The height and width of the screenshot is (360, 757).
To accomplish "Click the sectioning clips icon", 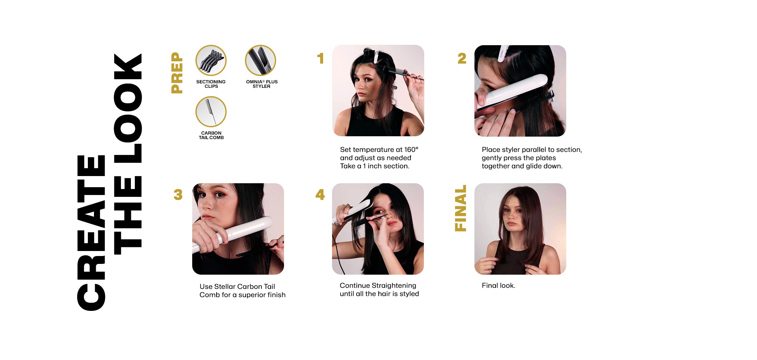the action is (211, 60).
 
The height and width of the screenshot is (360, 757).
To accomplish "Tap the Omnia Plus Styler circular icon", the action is (260, 60).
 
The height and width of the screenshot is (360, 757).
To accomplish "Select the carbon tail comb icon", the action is (211, 112).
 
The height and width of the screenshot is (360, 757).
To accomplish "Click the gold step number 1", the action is (321, 58).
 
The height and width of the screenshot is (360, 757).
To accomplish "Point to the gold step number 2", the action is (462, 58).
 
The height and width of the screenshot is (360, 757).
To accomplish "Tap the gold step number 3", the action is (178, 195).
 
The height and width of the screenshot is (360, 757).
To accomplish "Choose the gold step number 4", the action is (320, 195).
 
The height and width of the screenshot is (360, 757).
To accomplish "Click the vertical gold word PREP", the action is (177, 73).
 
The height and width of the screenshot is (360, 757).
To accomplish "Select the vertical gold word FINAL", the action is (460, 208).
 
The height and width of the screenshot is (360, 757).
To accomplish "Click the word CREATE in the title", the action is (91, 233).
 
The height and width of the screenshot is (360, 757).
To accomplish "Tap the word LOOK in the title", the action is (128, 109).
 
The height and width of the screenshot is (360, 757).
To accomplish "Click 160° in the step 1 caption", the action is (411, 150).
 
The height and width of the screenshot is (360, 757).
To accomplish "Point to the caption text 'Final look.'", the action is (498, 285).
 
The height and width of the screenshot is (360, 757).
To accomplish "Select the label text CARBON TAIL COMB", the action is (211, 136).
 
